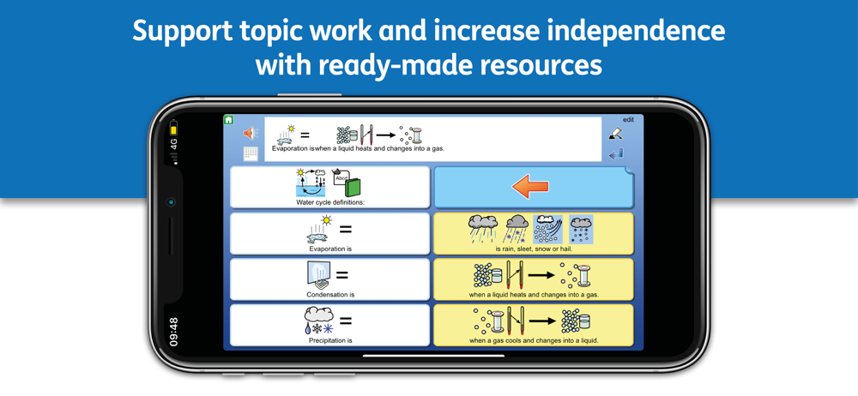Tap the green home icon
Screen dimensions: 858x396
tap(229, 120)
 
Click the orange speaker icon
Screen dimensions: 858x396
tap(250, 133)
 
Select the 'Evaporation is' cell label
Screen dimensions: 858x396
tap(330, 249)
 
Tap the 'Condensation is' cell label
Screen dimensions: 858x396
tap(330, 294)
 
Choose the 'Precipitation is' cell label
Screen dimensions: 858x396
tap(330, 340)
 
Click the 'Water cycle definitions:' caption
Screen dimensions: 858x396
tap(330, 202)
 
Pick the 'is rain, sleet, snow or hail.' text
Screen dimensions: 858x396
tap(534, 249)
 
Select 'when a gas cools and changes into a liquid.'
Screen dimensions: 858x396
tap(534, 340)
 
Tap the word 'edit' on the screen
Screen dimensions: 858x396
tap(628, 120)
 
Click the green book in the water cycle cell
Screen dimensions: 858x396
tap(353, 187)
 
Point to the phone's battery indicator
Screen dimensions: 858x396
tap(173, 129)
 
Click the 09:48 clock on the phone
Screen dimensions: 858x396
tap(174, 332)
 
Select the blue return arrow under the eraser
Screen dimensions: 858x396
tap(615, 155)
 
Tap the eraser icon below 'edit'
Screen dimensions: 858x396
tap(615, 133)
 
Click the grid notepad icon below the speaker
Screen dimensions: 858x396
tap(250, 153)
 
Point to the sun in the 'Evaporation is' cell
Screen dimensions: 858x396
tap(327, 221)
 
